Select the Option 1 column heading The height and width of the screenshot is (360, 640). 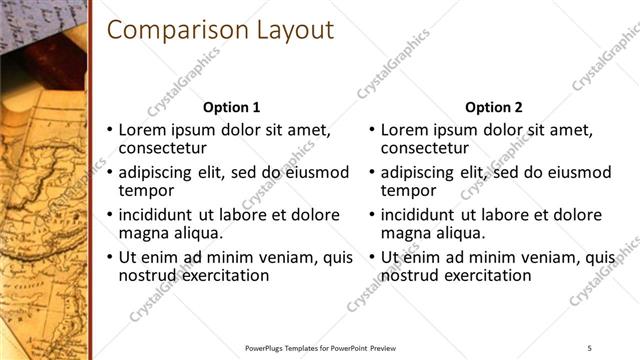coord(231,107)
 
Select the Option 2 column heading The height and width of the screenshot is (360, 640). coord(493,107)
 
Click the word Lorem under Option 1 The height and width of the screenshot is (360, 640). coord(143,130)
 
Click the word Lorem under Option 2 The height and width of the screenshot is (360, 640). coord(405,130)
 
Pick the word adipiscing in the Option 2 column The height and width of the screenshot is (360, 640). coord(417,172)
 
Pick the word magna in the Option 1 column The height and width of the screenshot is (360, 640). coord(145,233)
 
